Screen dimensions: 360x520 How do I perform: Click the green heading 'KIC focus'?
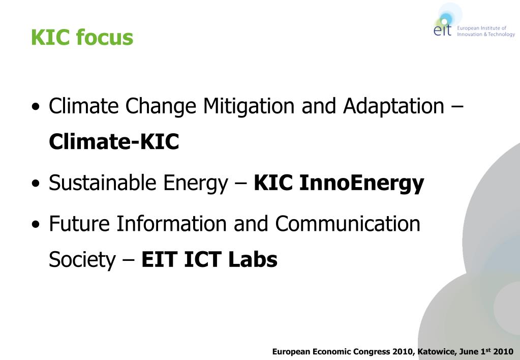click(x=82, y=38)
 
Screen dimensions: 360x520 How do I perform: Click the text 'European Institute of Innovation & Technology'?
click(x=485, y=31)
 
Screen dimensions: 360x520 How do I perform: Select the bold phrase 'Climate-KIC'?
click(x=114, y=142)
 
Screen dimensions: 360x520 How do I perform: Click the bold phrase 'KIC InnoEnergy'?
click(x=339, y=183)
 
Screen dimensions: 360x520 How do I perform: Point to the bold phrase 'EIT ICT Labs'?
click(x=209, y=260)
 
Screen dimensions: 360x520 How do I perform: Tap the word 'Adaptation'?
click(x=393, y=106)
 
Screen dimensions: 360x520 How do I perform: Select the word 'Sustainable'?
click(x=103, y=183)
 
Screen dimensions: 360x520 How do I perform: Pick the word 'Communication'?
click(x=348, y=224)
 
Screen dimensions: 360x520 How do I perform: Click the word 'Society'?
click(x=82, y=260)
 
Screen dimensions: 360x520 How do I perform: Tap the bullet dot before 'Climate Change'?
click(x=35, y=108)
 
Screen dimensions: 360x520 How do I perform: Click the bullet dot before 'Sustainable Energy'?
click(x=35, y=184)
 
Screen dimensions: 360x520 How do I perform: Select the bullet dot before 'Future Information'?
click(x=35, y=225)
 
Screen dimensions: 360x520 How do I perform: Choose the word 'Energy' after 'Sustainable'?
click(x=196, y=183)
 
